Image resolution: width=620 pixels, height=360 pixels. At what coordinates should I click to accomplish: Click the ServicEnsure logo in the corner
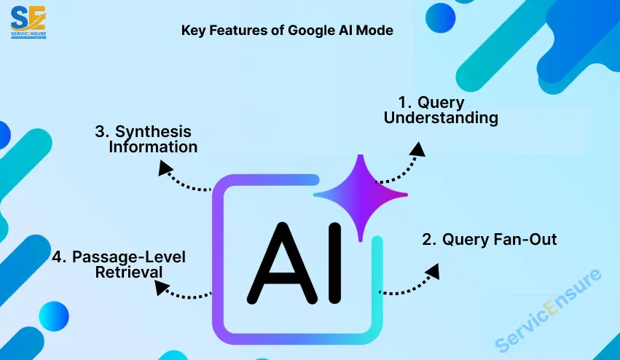tap(28, 22)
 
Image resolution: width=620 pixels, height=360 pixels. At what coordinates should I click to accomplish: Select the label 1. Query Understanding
tap(441, 110)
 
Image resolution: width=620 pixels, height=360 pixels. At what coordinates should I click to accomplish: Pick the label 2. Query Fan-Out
tap(489, 239)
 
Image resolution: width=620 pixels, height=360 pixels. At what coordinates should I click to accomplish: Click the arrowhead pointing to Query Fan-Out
tap(433, 271)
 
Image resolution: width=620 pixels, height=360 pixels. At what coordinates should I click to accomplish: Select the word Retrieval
tap(129, 273)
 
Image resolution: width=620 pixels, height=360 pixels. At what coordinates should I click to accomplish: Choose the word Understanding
tap(441, 118)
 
